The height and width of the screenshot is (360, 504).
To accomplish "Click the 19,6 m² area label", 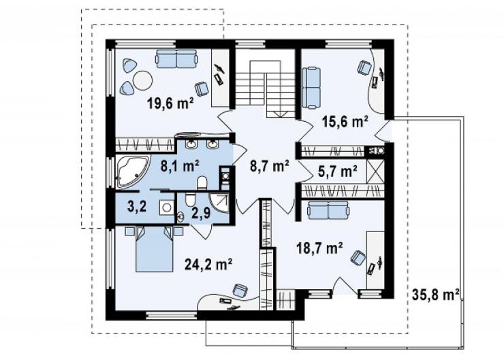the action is point(170,103).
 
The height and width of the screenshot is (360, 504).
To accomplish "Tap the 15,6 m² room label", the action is point(345,122).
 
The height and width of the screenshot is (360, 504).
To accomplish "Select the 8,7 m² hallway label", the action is point(269,166).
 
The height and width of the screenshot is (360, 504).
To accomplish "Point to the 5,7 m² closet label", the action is point(338,171).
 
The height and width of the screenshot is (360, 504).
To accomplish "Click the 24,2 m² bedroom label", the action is point(208,264).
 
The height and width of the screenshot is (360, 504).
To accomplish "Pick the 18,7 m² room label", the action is point(319,248).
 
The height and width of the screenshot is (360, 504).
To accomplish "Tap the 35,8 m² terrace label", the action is point(435,295).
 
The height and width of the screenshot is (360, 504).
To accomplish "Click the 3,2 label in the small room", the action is point(137,206).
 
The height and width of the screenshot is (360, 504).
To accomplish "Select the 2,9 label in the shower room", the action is point(201,213).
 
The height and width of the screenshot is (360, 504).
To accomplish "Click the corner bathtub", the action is point(131,171).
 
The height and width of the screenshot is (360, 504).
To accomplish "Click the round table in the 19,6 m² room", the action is point(143,80).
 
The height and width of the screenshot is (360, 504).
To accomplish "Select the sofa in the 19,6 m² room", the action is point(176,59).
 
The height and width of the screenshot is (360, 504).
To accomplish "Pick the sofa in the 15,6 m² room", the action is point(312,87).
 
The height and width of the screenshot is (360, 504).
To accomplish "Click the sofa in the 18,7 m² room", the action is point(328,210).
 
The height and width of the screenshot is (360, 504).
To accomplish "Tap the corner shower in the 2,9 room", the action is point(219,203).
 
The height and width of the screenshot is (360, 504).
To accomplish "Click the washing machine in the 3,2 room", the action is point(166,207).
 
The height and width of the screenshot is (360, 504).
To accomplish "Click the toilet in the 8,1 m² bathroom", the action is point(202,183).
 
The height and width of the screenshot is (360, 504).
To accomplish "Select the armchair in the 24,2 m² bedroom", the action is point(240,291).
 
